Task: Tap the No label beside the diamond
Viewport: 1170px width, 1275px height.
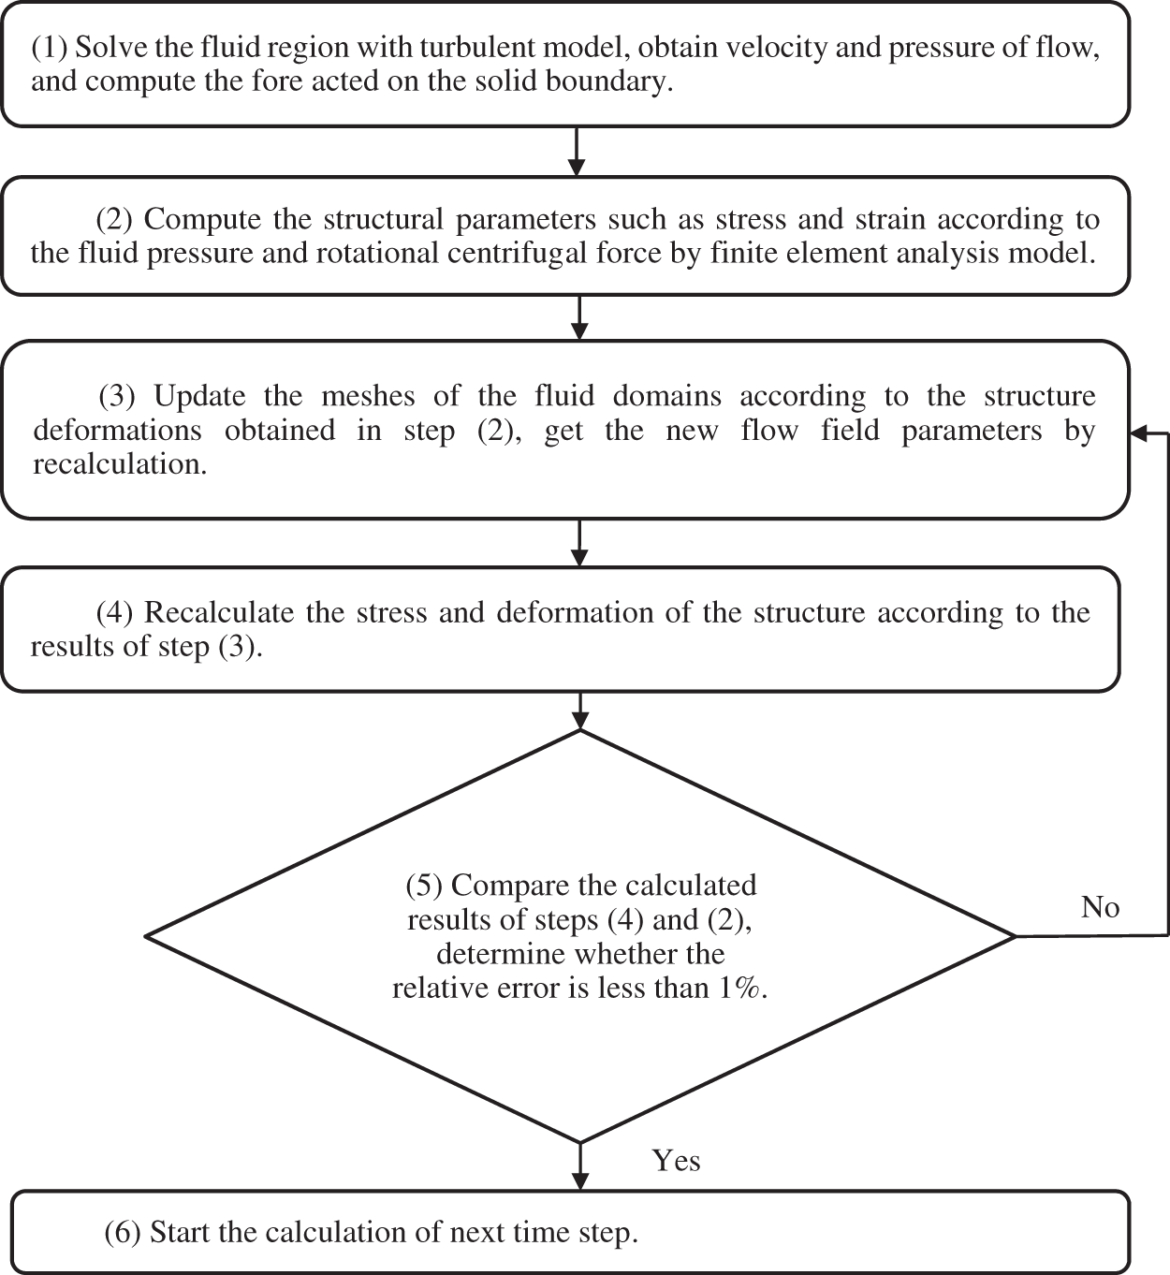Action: [x=1100, y=907]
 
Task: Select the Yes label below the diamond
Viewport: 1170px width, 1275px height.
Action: [x=676, y=1161]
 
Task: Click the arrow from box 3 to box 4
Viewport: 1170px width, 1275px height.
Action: [x=580, y=543]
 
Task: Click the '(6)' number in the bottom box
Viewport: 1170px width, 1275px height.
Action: [x=123, y=1232]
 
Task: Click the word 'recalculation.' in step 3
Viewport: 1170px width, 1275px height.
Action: [x=120, y=464]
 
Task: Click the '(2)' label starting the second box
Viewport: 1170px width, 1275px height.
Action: [x=116, y=219]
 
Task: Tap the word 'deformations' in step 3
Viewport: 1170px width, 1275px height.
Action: [x=117, y=430]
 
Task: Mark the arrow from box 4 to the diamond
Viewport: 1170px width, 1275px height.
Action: [x=580, y=711]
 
